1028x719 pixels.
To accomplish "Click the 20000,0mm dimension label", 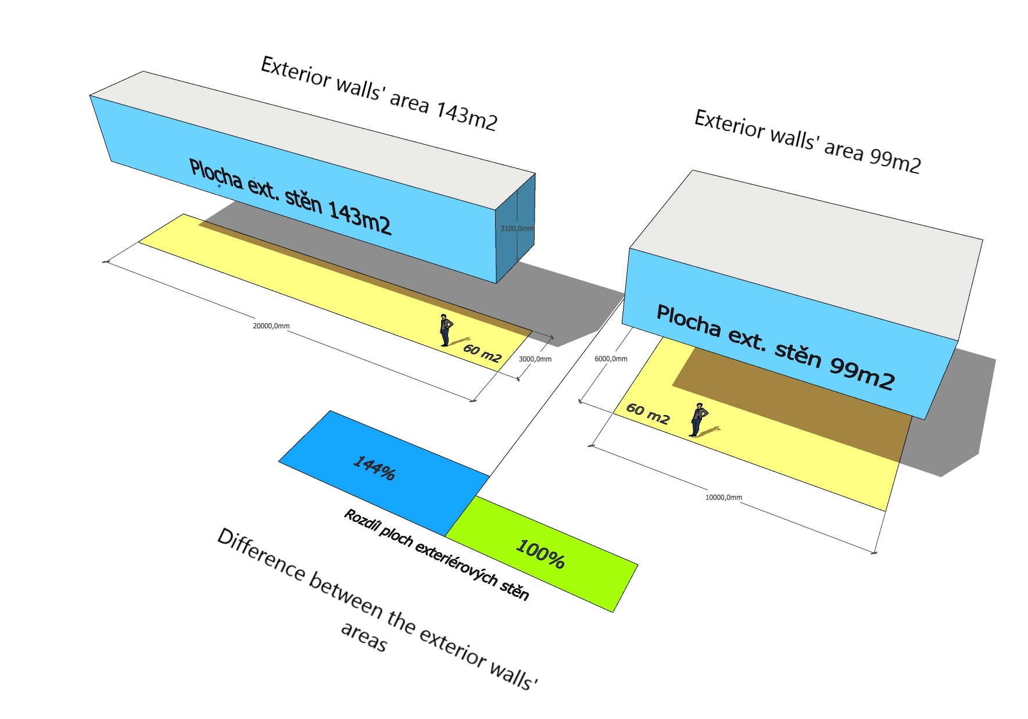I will click(271, 326).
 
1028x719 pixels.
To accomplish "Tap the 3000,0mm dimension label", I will click(535, 359).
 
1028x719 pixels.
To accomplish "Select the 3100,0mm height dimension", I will click(516, 229).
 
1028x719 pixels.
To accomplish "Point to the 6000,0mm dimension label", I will click(611, 359).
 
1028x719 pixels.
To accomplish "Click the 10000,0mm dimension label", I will click(723, 498).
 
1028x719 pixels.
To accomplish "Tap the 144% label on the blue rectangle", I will click(375, 468).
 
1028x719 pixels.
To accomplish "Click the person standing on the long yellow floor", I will click(445, 330).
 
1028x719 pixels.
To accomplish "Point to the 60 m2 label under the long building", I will click(482, 353).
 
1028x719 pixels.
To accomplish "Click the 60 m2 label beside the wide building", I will click(648, 413).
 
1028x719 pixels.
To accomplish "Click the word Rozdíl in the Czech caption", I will click(360, 521).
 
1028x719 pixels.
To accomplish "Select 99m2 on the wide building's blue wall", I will click(861, 371).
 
